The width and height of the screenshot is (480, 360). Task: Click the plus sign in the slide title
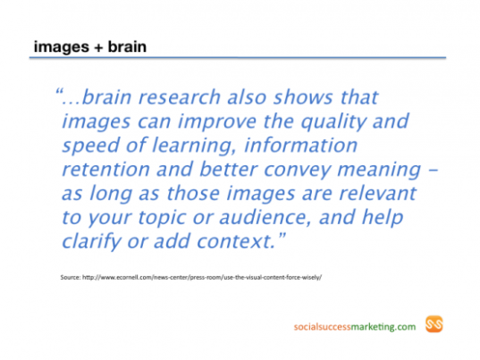point(98,47)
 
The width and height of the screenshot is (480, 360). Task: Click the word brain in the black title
point(127,46)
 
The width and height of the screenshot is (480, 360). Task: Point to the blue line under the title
point(238,57)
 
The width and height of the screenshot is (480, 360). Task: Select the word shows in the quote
point(303,97)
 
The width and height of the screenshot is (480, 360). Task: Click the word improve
point(217,121)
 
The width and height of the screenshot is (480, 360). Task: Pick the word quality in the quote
point(333,121)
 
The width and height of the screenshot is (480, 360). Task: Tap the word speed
point(90,146)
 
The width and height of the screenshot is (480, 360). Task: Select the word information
point(300,145)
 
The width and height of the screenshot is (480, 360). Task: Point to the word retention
point(105,169)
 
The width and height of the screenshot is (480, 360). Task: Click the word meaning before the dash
point(379,170)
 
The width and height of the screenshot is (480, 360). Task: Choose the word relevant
point(378,193)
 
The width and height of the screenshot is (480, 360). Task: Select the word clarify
point(91,241)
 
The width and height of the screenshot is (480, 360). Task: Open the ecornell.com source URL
point(202,278)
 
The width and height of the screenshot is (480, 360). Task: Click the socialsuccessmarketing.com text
point(355,327)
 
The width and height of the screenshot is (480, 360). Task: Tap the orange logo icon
point(434,324)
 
